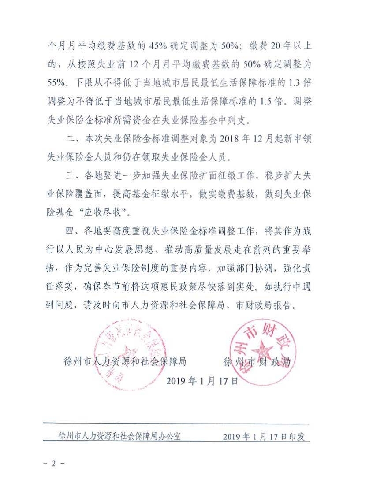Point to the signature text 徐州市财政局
tap(258, 362)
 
